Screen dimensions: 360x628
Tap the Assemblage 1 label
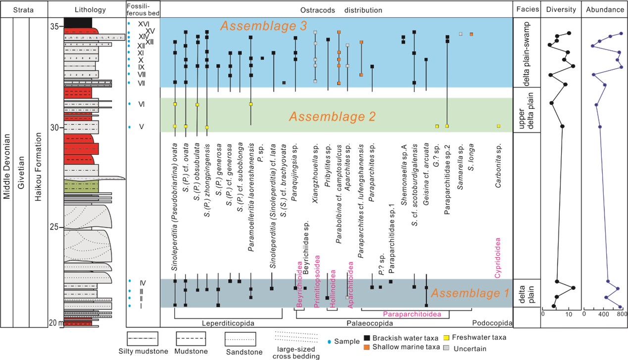pyautogui.click(x=470, y=292)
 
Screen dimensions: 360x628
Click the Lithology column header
pyautogui.click(x=87, y=10)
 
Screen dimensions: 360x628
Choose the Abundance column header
pyautogui.click(x=604, y=10)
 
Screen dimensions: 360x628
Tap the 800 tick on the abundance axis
pyautogui.click(x=622, y=314)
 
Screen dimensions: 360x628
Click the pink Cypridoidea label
pyautogui.click(x=498, y=257)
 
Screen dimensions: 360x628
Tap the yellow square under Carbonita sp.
pyautogui.click(x=498, y=126)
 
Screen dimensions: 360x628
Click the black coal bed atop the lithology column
pyautogui.click(x=78, y=23)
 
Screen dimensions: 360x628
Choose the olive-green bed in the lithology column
pyautogui.click(x=81, y=186)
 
